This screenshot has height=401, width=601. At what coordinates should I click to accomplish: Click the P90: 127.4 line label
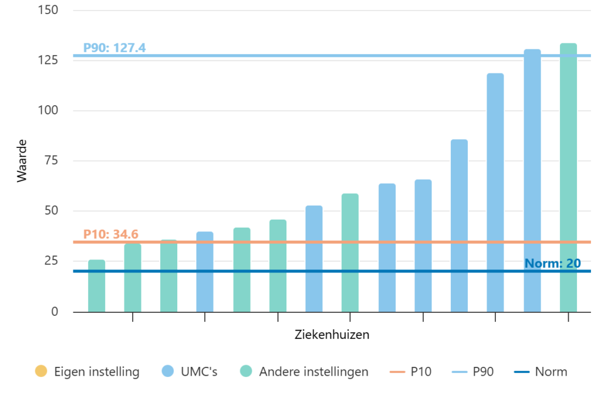[x=114, y=48]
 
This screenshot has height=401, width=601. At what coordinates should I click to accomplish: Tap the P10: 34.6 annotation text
[x=110, y=234]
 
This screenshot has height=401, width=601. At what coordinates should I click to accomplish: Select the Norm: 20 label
[x=552, y=263]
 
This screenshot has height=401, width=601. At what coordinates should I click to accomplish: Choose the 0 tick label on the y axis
[x=55, y=311]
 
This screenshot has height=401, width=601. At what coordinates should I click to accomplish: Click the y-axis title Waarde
[x=22, y=161]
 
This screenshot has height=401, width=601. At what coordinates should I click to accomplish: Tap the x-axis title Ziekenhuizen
[x=332, y=335]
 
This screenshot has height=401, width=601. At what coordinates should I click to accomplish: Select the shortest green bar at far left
[x=97, y=286]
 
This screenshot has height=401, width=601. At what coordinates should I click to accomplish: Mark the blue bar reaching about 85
[x=459, y=225]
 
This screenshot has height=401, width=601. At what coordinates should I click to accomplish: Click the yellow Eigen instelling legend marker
[x=41, y=372]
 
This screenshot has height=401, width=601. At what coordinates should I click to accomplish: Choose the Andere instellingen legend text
[x=313, y=372]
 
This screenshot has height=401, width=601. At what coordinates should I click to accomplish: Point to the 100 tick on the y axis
[x=50, y=111]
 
